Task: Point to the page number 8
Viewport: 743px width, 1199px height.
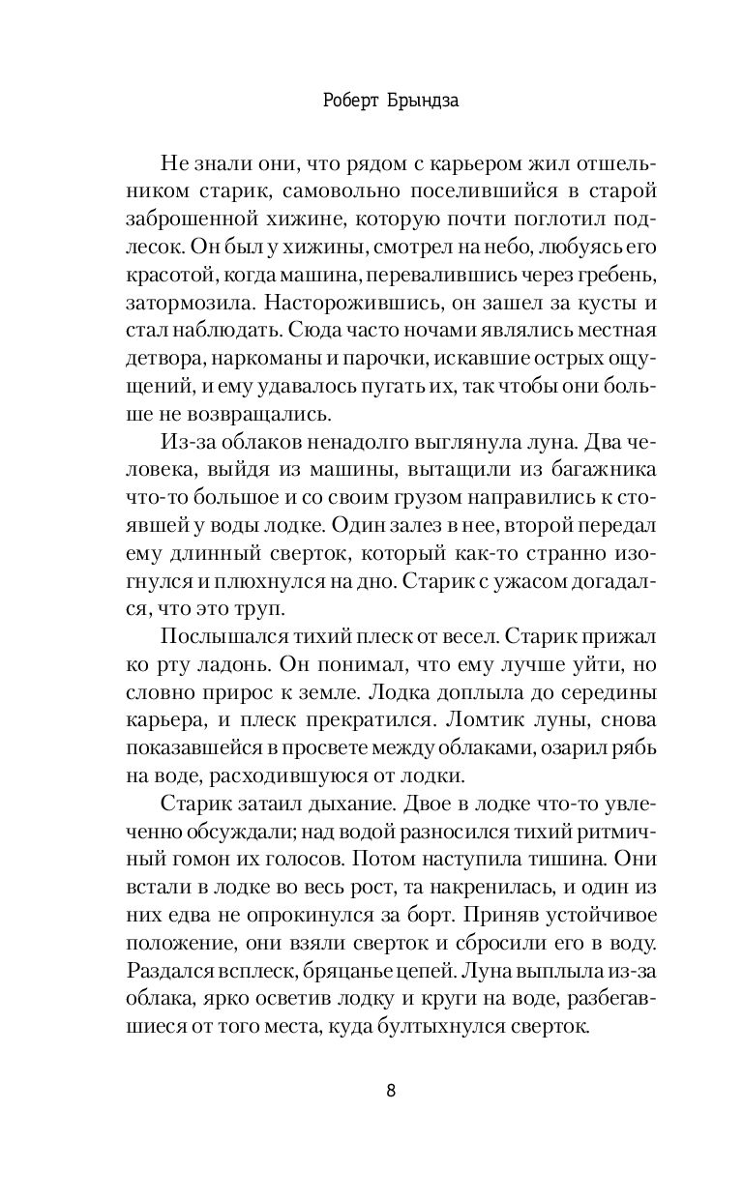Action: (x=390, y=1091)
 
